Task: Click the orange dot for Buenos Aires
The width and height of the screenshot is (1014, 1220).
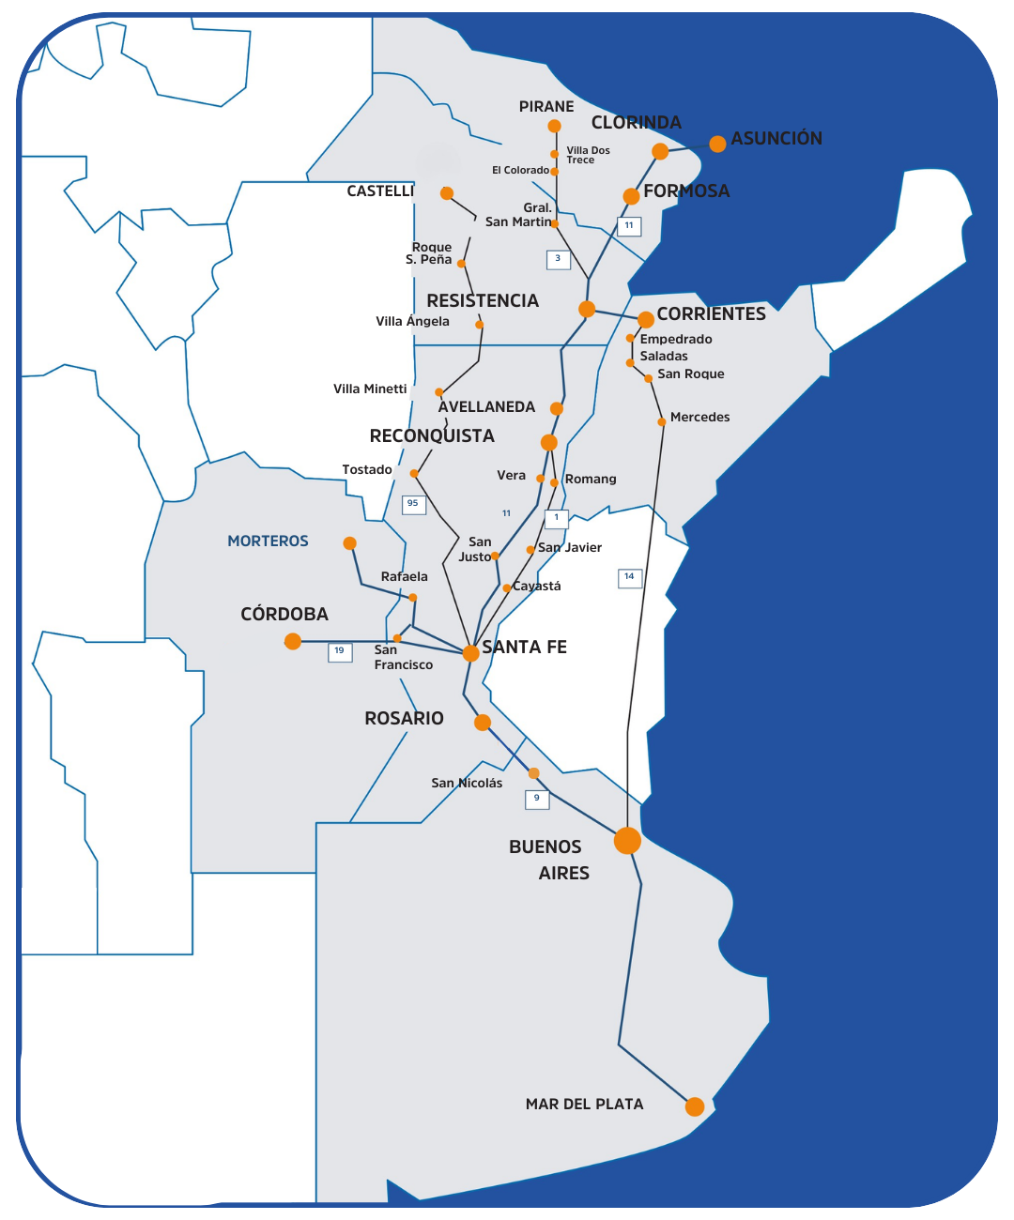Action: (627, 840)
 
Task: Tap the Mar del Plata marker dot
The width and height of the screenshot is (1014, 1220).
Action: (695, 1106)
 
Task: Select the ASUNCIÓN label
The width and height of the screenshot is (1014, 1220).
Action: (776, 138)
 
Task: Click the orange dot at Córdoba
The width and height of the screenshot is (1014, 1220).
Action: (293, 641)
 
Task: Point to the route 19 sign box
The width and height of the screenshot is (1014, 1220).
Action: (340, 651)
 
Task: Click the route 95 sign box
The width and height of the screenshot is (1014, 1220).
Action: (413, 504)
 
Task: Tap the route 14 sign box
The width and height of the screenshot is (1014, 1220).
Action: (630, 577)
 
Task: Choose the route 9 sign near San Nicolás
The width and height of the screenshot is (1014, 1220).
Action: (537, 799)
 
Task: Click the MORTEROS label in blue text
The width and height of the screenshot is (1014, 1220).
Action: (268, 541)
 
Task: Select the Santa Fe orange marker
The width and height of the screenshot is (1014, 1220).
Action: (471, 653)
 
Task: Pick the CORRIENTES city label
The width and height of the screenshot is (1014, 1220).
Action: (711, 313)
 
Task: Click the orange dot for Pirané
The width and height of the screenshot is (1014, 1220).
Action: (554, 126)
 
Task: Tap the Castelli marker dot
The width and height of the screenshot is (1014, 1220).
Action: (447, 193)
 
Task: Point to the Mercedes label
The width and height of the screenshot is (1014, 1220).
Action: (699, 417)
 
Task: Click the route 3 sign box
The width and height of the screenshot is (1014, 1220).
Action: (559, 259)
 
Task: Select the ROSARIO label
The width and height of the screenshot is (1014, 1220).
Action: (404, 718)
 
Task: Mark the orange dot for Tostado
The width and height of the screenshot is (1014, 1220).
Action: (414, 474)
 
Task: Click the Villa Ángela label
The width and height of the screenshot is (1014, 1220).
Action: (412, 321)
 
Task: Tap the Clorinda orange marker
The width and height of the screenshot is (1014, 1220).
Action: (660, 151)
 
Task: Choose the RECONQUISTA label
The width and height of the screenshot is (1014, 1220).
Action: (432, 435)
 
